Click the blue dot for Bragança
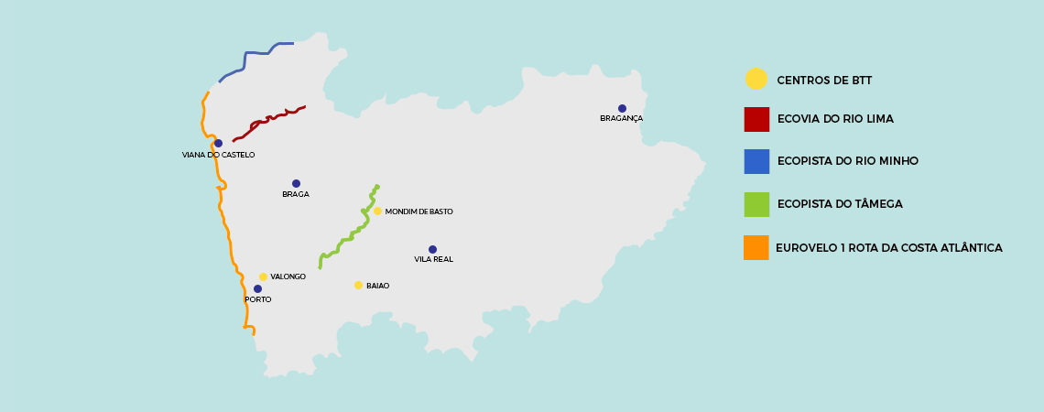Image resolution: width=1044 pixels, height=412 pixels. tap(622, 108)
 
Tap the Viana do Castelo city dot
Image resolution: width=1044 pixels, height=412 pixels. tap(218, 143)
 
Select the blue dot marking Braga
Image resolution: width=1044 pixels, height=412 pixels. tap(296, 183)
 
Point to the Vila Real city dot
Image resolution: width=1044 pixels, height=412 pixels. tap(432, 249)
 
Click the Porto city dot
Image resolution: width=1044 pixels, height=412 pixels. tap(257, 288)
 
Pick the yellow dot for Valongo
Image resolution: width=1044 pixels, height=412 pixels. tap(263, 276)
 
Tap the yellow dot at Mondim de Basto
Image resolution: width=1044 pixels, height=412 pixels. tap(377, 211)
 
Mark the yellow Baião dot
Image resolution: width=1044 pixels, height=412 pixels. tap(358, 285)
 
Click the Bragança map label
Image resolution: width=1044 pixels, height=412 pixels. tap(621, 118)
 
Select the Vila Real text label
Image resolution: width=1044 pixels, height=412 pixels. tap(433, 259)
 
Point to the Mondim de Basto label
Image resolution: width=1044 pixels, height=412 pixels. tap(419, 211)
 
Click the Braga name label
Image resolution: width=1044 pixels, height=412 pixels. tap(296, 194)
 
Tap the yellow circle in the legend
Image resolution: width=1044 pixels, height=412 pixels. tap(756, 80)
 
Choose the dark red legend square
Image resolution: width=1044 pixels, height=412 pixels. tap(756, 119)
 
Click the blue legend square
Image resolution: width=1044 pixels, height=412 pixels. tap(756, 161)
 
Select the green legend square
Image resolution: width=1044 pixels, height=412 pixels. tap(756, 204)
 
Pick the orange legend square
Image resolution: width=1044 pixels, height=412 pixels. tap(756, 247)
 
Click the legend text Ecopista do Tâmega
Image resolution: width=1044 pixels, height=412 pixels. tap(840, 204)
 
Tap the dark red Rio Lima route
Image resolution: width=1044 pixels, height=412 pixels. tap(270, 118)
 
